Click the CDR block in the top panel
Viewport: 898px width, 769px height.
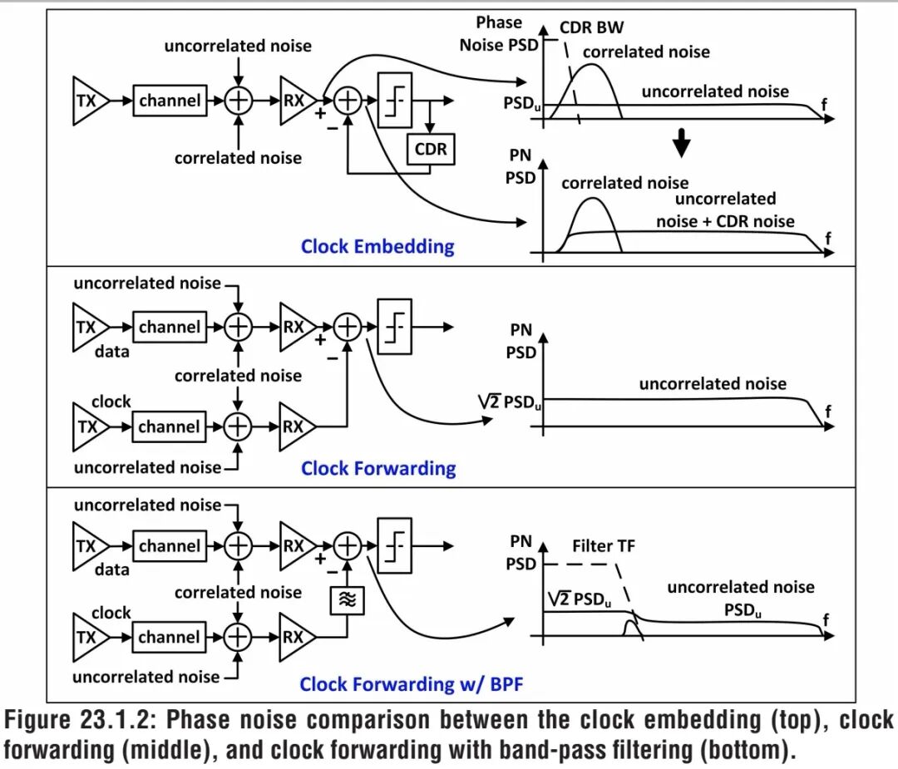pyautogui.click(x=431, y=150)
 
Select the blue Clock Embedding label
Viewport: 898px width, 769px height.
pyautogui.click(x=377, y=246)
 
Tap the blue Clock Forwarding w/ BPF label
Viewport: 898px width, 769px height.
pyautogui.click(x=412, y=684)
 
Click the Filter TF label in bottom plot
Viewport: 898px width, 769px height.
pyautogui.click(x=604, y=546)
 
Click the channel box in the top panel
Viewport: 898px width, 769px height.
pyautogui.click(x=170, y=101)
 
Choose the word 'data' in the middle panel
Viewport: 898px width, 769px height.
pyautogui.click(x=112, y=351)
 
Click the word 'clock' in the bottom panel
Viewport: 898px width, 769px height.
pyautogui.click(x=111, y=613)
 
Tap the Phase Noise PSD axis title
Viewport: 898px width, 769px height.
pyautogui.click(x=498, y=33)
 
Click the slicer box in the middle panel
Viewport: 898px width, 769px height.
pyautogui.click(x=394, y=327)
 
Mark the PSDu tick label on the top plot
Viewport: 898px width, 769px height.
pyautogui.click(x=521, y=103)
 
